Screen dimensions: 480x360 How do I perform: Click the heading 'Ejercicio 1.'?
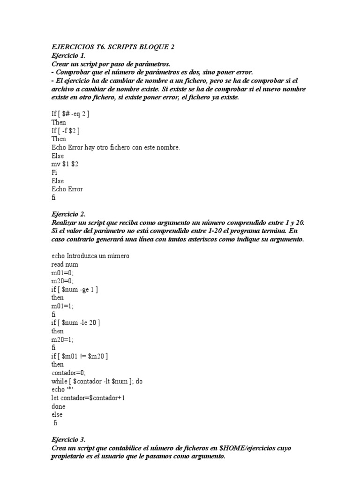(68, 55)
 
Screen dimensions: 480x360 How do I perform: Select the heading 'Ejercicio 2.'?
(68, 214)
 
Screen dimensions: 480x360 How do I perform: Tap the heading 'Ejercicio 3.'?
(68, 440)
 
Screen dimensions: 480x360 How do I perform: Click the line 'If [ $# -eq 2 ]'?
(70, 114)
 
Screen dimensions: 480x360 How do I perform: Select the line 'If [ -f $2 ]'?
(68, 131)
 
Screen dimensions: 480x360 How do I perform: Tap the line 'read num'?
(65, 264)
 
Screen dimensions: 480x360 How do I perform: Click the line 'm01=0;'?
(63, 273)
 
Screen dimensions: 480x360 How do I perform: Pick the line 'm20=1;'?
(63, 339)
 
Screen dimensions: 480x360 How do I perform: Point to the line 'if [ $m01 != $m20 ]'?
(80, 356)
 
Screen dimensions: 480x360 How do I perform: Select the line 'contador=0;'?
(68, 373)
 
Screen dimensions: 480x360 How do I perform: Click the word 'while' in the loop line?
(60, 382)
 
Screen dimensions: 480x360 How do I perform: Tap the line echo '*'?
(63, 390)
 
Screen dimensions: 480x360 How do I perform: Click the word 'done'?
(59, 406)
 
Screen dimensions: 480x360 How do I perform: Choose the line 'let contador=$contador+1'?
(88, 398)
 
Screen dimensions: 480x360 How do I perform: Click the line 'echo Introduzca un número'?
(90, 256)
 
